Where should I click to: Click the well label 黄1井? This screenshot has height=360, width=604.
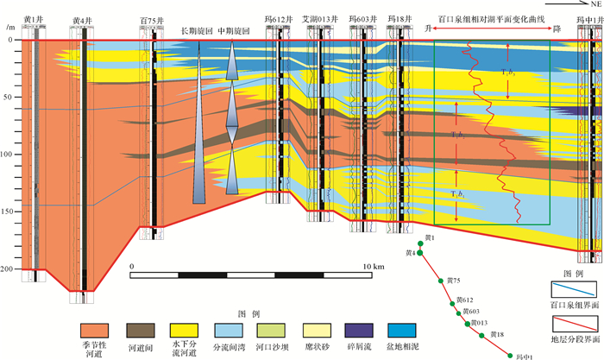coord(34,19)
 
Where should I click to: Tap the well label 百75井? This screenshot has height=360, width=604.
coord(152,19)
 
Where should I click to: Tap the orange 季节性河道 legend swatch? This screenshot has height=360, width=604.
coord(97,329)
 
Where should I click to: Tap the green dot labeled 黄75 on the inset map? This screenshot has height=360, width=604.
coord(443,281)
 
